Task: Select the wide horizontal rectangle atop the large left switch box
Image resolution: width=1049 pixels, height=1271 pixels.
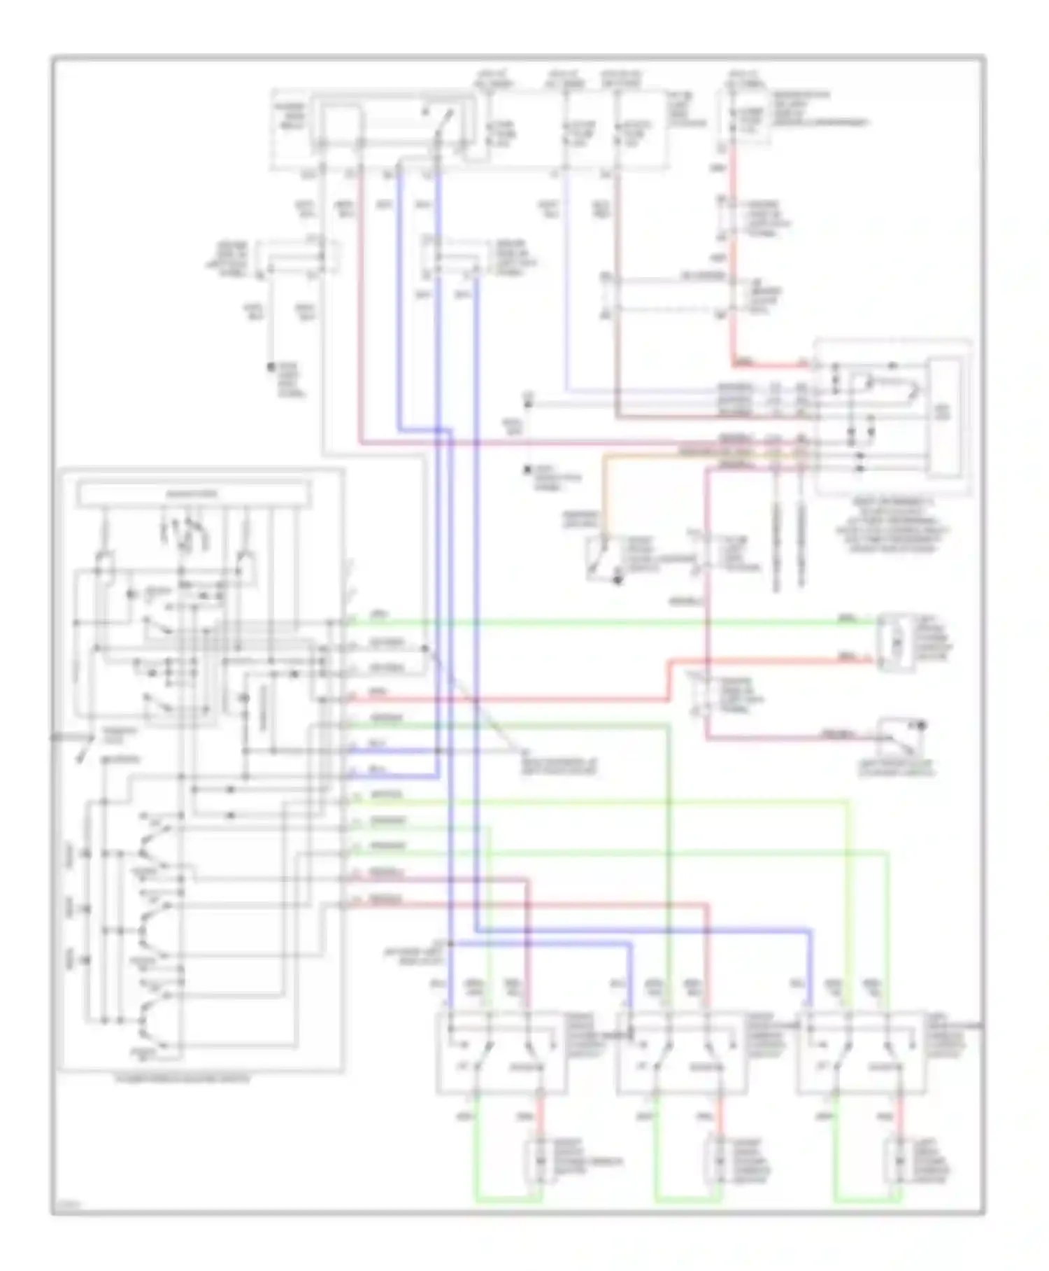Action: point(194,494)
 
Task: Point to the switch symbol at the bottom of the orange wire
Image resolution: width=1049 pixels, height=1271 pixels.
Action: point(601,558)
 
